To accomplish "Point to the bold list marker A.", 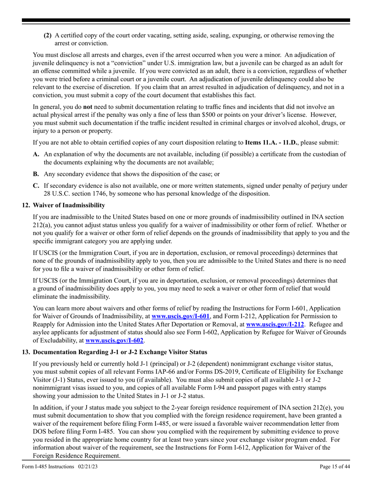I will click(36, 154).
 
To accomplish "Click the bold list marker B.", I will click(36, 174).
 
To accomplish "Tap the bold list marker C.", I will click(36, 186).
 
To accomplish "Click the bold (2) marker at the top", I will click(47, 35).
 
